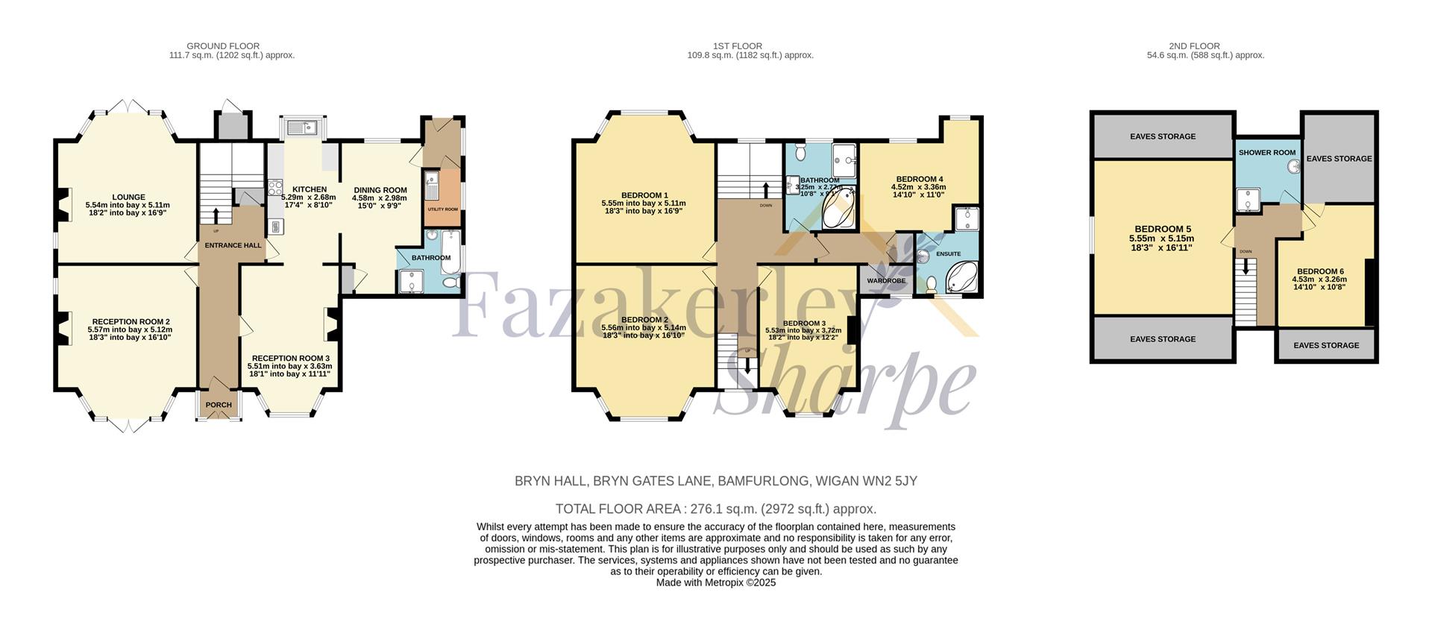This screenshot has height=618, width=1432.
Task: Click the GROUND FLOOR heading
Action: click(223, 46)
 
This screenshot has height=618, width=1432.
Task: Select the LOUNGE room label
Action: click(128, 198)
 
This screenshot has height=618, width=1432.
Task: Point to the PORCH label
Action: click(219, 405)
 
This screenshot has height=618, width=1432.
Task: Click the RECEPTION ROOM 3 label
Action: click(290, 359)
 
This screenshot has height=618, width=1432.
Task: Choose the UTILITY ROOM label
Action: click(442, 209)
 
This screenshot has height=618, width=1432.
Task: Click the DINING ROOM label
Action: click(380, 190)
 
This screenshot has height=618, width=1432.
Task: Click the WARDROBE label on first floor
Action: click(886, 281)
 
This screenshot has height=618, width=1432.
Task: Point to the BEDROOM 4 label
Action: click(920, 179)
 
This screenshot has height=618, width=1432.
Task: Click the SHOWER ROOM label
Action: click(1267, 153)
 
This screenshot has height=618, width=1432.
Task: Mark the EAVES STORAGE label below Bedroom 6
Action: click(1326, 346)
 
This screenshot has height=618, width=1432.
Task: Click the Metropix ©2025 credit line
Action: click(716, 583)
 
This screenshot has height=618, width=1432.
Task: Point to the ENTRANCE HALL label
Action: click(233, 245)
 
